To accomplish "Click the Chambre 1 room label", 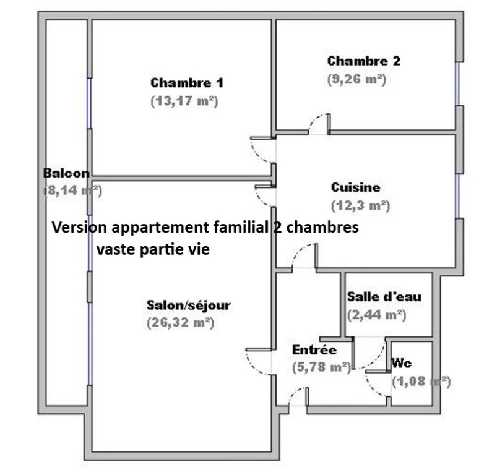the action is point(187,83).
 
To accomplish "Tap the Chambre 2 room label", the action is point(364,61).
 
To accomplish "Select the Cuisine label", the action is point(355,187).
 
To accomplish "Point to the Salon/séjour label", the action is point(189,305).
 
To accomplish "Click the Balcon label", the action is point(66,173).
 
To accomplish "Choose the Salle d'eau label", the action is point(384,297).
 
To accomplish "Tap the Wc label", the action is point(401,364).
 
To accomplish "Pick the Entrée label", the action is point(314,349).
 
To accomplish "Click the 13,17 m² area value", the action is point(184,101).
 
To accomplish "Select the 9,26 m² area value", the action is point(356,79).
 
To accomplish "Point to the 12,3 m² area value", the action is point(361,206).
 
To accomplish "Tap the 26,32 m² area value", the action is point(181,323).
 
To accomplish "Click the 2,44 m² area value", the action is point(376,314).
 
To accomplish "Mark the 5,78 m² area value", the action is point(321,367).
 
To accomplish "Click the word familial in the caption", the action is point(241,227).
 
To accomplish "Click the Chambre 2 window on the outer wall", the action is point(458,84).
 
